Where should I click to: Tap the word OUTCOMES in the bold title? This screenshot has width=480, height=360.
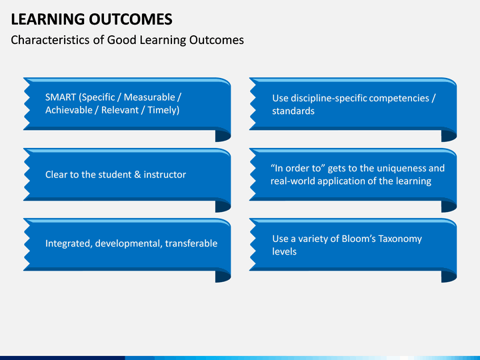pos(131,19)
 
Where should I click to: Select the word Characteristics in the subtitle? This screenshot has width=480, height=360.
pos(51,40)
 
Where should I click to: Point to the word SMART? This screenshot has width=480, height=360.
pos(61,97)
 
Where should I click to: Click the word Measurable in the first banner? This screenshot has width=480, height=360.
pos(149,97)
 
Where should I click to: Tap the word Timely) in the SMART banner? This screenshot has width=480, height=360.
pos(163,110)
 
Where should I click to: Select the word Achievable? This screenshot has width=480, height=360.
pos(69,110)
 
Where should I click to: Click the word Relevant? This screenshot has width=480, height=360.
pos(120,110)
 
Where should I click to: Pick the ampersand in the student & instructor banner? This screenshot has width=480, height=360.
pos(137,175)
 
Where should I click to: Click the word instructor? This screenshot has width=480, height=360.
pos(165,175)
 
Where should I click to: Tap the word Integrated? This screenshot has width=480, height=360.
pos(69,244)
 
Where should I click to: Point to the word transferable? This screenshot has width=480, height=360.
pos(191,243)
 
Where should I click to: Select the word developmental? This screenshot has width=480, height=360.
pos(129,244)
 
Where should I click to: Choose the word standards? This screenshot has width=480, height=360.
pos(293,111)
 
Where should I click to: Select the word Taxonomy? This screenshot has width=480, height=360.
pos(400,239)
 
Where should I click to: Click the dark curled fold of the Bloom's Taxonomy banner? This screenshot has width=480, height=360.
pos(449,275)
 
